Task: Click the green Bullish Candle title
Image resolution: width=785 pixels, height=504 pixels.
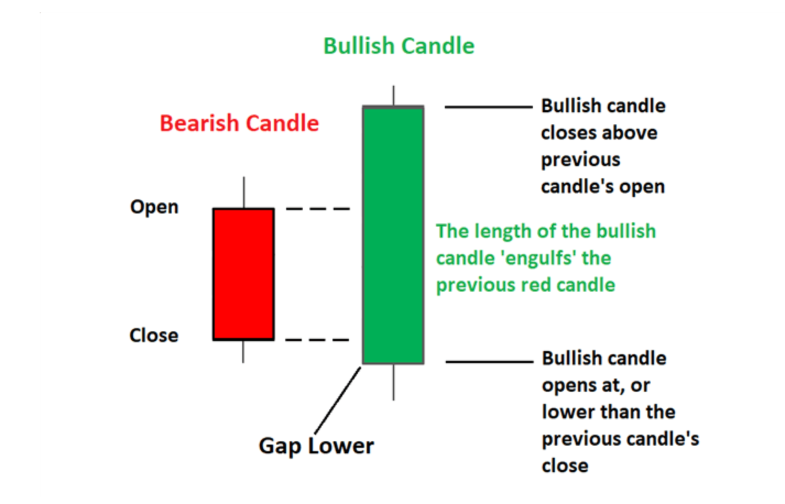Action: [399, 46]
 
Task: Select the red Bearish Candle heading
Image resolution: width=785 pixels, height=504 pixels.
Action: [239, 123]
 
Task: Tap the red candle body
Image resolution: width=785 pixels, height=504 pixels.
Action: [243, 274]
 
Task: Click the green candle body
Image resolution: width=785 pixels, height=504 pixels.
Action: [393, 234]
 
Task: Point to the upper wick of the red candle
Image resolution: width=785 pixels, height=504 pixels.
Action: [244, 192]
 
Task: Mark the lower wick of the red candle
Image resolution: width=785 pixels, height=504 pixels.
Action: [243, 352]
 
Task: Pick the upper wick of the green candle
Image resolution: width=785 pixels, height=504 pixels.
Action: [394, 95]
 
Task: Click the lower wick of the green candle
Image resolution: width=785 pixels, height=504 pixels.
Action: [394, 382]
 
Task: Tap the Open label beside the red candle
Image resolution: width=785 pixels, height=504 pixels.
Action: [154, 207]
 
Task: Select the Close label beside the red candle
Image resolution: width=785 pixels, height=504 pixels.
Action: [154, 335]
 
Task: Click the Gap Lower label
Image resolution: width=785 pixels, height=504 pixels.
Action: [317, 446]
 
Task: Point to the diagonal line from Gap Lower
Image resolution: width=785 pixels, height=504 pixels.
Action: [337, 401]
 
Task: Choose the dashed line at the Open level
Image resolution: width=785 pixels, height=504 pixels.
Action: [318, 209]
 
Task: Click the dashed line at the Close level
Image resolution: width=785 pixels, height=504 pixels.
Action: [317, 339]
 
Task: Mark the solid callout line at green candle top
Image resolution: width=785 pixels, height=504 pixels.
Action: [488, 107]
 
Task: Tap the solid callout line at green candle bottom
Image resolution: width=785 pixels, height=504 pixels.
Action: [489, 362]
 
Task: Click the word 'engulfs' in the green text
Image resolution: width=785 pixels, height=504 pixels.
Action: [539, 259]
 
